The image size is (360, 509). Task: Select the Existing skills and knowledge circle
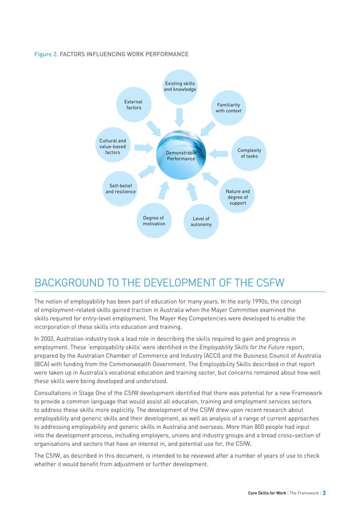pyautogui.click(x=180, y=86)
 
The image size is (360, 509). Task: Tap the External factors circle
pyautogui.click(x=133, y=105)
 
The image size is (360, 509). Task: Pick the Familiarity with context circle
pyautogui.click(x=228, y=108)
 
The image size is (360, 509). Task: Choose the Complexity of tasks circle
pyautogui.click(x=249, y=153)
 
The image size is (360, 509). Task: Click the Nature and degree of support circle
pyautogui.click(x=238, y=198)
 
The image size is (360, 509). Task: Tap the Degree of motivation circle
pyautogui.click(x=154, y=221)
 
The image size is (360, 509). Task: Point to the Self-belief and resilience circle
pyautogui.click(x=121, y=188)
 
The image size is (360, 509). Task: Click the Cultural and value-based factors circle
pyautogui.click(x=113, y=147)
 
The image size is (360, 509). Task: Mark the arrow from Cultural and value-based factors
pyautogui.click(x=144, y=148)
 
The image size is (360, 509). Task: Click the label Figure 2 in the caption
pyautogui.click(x=45, y=54)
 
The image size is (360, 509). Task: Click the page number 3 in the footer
pyautogui.click(x=324, y=493)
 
